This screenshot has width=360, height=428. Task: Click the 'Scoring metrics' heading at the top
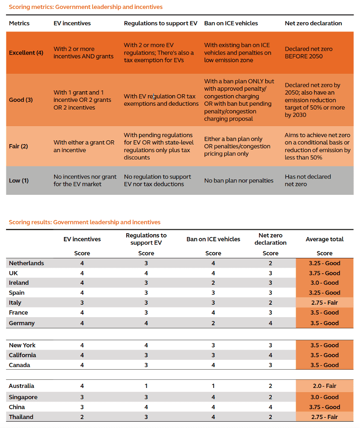[86, 7]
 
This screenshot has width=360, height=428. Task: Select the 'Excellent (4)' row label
[26, 53]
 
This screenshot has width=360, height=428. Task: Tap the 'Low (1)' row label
[19, 180]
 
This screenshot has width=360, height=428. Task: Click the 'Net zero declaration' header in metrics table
[313, 23]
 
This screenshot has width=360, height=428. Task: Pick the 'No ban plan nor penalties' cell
[238, 180]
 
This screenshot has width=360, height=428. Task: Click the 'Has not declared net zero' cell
[308, 180]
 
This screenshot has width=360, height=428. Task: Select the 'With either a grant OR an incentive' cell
[84, 146]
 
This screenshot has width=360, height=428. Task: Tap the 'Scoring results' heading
[84, 222]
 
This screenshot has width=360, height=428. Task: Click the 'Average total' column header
[324, 239]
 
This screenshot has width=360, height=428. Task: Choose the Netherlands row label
[26, 263]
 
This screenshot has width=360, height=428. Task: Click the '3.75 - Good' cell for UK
[324, 273]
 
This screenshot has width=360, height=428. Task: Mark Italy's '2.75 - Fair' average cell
[324, 303]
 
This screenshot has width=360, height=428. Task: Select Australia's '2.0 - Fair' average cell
[324, 386]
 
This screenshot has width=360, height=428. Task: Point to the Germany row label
[22, 323]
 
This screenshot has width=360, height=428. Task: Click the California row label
[23, 355]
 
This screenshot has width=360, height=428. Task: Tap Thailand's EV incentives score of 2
[82, 417]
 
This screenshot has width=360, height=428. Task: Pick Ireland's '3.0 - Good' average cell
[324, 283]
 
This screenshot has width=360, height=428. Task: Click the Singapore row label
[23, 397]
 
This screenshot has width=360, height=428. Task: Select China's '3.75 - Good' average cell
[324, 407]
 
